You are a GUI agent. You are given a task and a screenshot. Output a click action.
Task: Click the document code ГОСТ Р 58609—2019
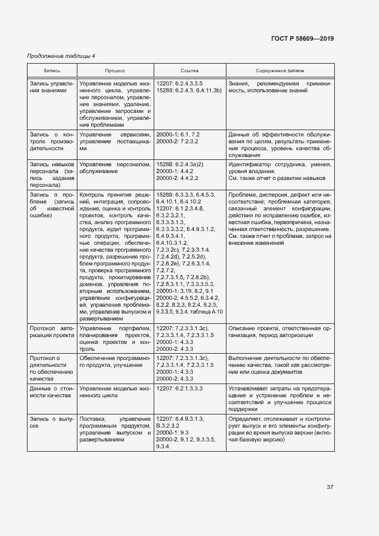point(302,39)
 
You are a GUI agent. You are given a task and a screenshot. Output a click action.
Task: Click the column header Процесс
point(115,71)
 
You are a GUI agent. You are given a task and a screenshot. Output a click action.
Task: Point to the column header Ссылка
point(190,71)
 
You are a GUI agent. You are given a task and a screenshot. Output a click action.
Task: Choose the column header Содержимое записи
point(280,71)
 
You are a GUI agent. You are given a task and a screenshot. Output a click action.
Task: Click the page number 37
point(330,487)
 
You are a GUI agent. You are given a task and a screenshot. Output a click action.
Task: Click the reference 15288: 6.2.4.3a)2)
point(182,163)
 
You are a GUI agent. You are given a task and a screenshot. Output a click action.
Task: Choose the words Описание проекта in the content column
point(253,327)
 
